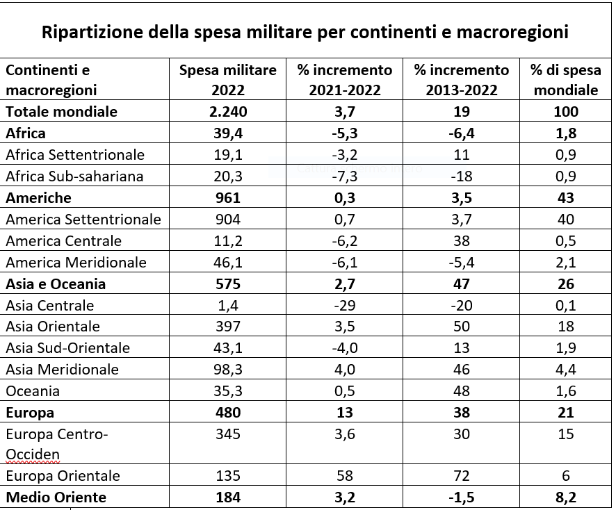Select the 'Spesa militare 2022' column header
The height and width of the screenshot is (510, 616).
pyautogui.click(x=227, y=80)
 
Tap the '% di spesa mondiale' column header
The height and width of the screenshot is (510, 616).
pyautogui.click(x=565, y=80)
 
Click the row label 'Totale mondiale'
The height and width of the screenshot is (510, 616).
pyautogui.click(x=62, y=111)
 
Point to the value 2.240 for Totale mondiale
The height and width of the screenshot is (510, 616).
pyautogui.click(x=227, y=111)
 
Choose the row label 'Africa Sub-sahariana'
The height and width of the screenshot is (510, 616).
pyautogui.click(x=74, y=176)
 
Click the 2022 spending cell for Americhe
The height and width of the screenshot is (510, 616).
pyautogui.click(x=227, y=197)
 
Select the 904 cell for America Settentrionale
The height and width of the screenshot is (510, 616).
pyautogui.click(x=227, y=219)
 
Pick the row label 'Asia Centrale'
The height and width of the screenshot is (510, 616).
pyautogui.click(x=49, y=305)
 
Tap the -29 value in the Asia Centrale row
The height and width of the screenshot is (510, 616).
pyautogui.click(x=345, y=305)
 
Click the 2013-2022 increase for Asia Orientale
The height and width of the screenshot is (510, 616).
pyautogui.click(x=461, y=327)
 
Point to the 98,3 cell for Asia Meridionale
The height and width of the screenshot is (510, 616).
pyautogui.click(x=227, y=370)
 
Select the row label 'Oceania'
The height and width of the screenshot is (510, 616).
pyautogui.click(x=33, y=391)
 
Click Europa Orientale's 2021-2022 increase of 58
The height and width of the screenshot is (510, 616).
pyautogui.click(x=345, y=476)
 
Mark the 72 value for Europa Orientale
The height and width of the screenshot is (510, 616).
pyautogui.click(x=461, y=476)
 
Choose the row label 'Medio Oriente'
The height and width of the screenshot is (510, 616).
pyautogui.click(x=56, y=497)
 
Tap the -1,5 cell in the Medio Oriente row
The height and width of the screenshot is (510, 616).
pyautogui.click(x=461, y=497)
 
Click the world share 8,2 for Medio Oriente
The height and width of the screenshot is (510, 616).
pyautogui.click(x=565, y=497)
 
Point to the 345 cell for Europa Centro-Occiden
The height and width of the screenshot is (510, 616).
pyautogui.click(x=227, y=434)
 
